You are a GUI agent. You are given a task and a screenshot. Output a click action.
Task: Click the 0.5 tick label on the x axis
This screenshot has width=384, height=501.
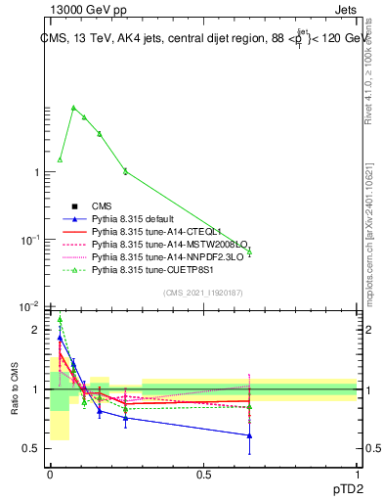tap(203, 475)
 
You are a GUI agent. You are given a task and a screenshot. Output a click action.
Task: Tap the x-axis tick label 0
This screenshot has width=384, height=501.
tap(50, 475)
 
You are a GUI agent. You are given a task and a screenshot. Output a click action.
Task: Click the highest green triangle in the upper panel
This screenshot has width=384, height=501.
tap(73, 108)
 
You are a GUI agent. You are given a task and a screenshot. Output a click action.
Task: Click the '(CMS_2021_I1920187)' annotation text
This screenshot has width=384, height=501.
tap(203, 293)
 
